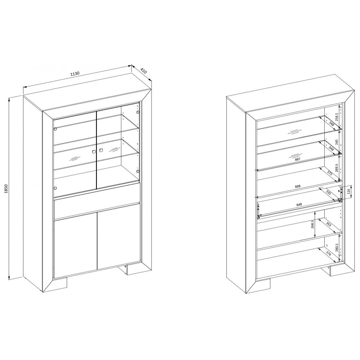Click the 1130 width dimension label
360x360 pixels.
click(75, 74)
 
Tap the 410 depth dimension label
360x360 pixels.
click(143, 71)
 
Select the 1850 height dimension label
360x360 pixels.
click(6, 189)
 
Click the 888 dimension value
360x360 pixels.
click(298, 186)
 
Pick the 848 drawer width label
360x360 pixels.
click(299, 204)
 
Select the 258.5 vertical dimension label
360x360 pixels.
click(337, 117)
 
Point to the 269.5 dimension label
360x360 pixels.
click(337, 168)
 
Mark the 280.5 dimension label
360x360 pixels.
click(337, 248)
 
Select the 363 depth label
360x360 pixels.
click(329, 224)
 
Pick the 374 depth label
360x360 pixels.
click(329, 253)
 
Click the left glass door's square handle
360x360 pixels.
click(94, 152)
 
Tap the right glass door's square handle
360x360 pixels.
click(101, 150)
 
